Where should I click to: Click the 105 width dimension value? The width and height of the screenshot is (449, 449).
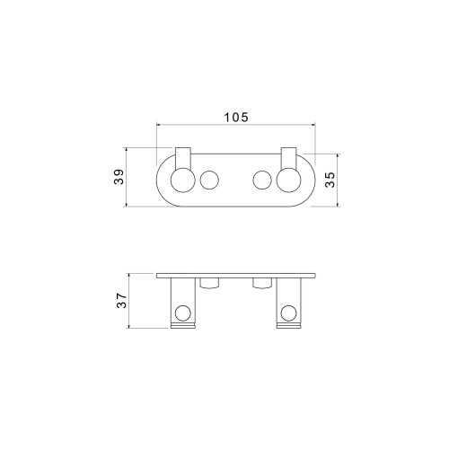[x=236, y=118]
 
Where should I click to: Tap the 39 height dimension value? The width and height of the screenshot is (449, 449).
[x=119, y=177]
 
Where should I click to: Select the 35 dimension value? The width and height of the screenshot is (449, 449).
[x=330, y=180]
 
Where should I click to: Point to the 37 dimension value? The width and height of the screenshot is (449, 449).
[x=122, y=300]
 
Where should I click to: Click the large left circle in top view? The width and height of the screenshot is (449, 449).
[x=183, y=180]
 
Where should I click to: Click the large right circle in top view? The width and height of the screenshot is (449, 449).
[x=288, y=180]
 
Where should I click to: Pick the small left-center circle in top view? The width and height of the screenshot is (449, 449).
[x=209, y=180]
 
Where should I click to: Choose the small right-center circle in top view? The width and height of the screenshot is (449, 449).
[x=262, y=180]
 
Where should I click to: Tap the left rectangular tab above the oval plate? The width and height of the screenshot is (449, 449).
[x=183, y=158]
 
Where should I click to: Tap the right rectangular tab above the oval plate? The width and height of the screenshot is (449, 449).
[x=288, y=158]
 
